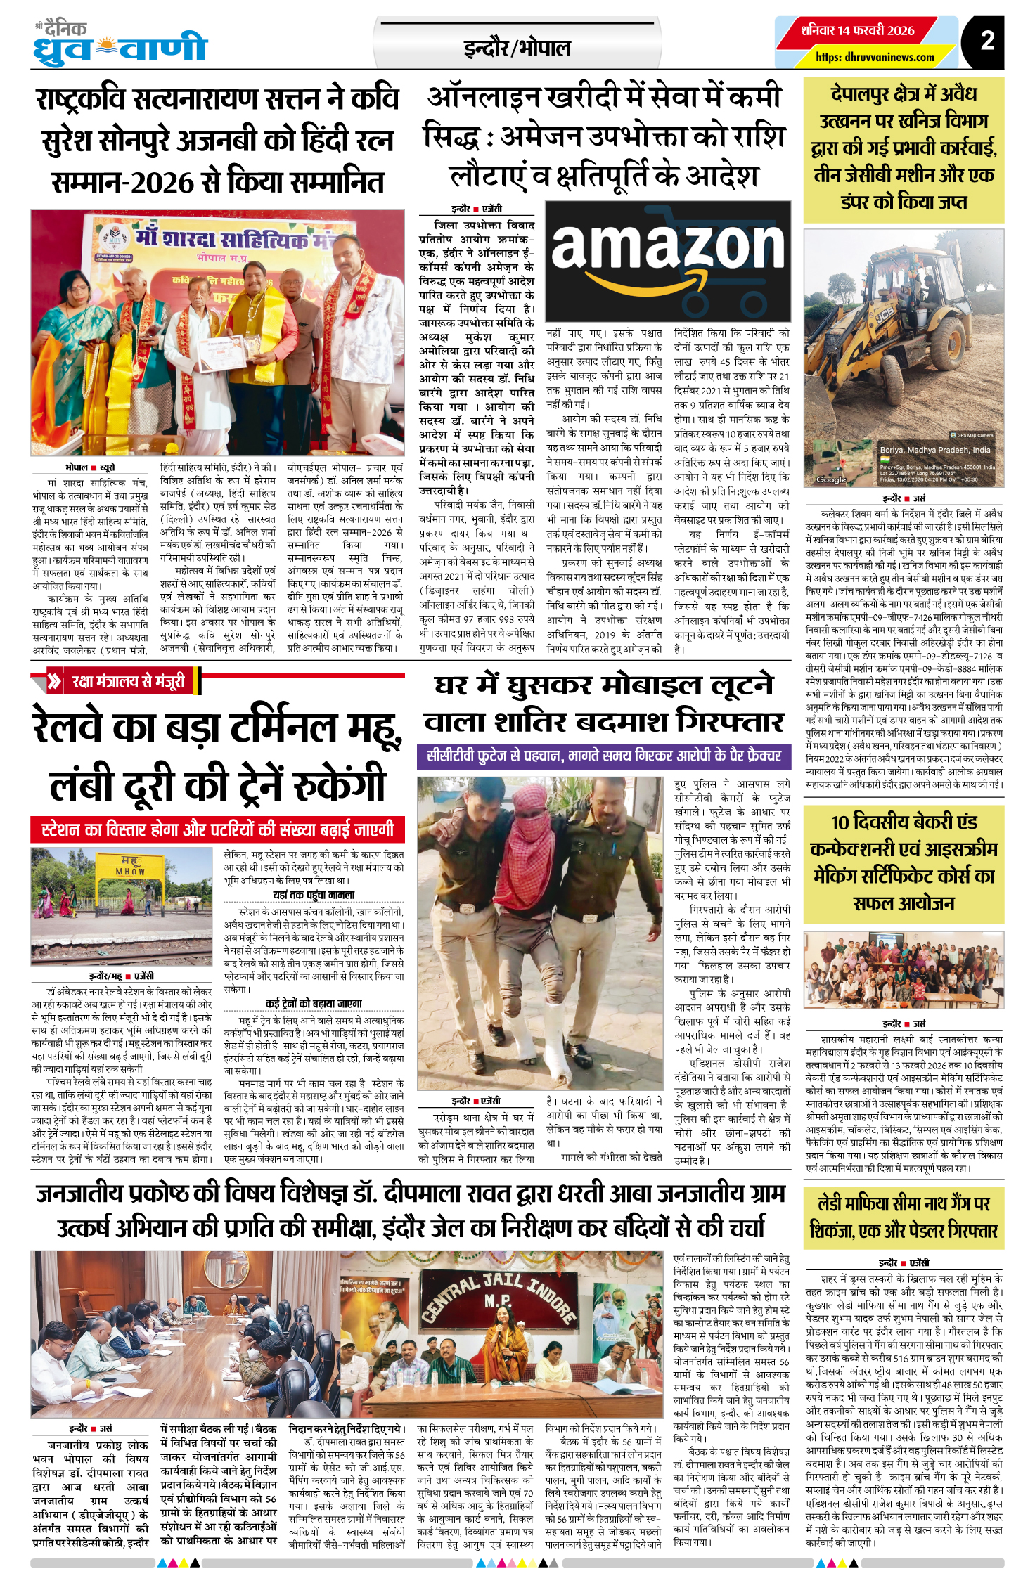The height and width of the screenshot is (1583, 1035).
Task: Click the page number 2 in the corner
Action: point(987,41)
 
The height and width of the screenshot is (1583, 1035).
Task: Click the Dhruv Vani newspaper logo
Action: point(120,44)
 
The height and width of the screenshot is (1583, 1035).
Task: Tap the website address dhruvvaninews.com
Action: point(875,58)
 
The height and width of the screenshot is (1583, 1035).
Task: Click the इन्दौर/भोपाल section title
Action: point(517,48)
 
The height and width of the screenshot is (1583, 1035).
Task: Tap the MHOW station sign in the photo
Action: point(130,866)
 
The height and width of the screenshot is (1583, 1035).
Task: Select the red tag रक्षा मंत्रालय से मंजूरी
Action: point(128,681)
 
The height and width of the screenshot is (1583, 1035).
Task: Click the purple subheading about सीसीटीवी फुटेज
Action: point(604,756)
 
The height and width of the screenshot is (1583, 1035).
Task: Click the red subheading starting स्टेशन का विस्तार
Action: point(217,829)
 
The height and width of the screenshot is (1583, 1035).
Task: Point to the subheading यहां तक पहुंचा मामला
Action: point(314,895)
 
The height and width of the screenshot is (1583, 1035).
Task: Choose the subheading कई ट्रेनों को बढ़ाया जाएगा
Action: point(314,1003)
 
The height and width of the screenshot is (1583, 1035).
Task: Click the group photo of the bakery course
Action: point(904,971)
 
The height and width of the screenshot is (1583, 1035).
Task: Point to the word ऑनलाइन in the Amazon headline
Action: point(485,98)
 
